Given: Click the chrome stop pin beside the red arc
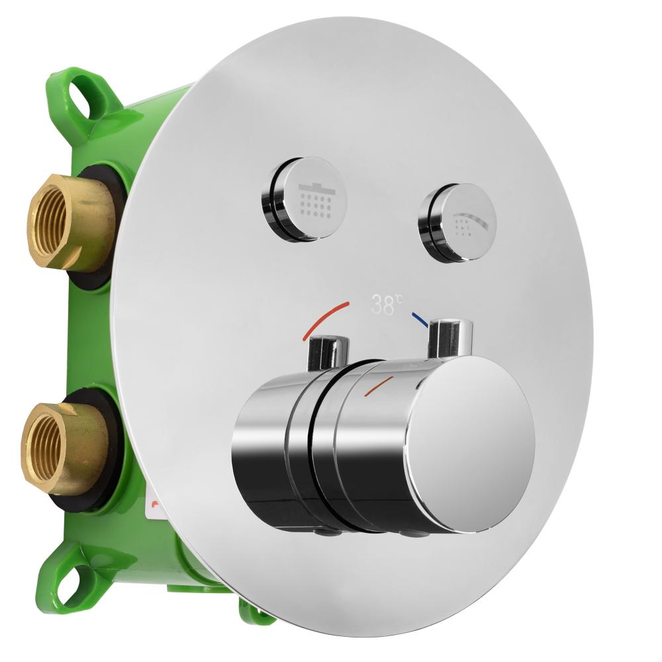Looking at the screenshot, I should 329,351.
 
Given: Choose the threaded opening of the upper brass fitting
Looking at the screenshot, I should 50,222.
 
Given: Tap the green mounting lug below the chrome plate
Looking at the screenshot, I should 255,612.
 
